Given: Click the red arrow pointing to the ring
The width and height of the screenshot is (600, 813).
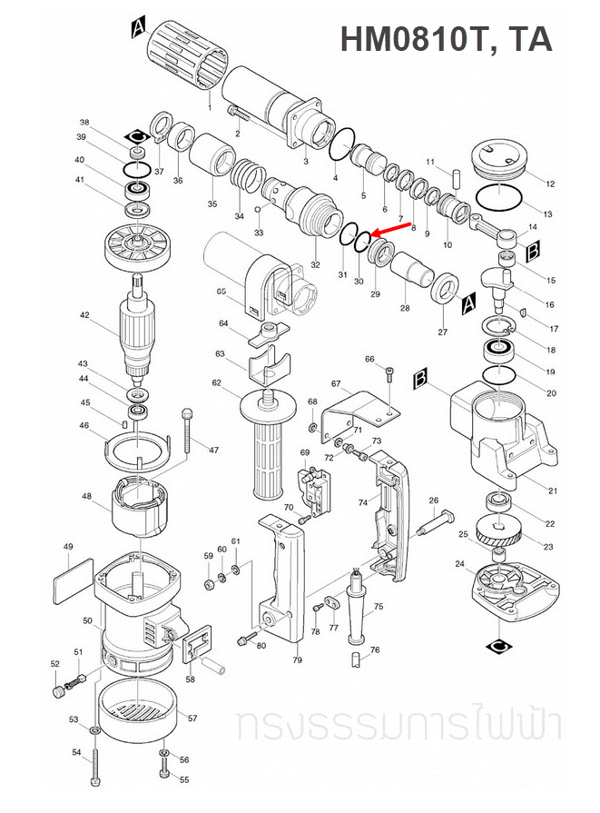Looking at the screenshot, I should (x=392, y=231).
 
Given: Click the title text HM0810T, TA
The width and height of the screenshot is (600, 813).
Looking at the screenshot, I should (x=446, y=39).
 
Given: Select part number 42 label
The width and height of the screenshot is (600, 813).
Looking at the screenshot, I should (x=84, y=316).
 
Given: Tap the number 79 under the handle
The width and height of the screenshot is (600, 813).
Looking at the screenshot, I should (x=297, y=659).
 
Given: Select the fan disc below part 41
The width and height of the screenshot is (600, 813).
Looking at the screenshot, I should (x=138, y=246).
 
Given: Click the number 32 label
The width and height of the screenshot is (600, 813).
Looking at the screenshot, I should (x=315, y=264).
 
